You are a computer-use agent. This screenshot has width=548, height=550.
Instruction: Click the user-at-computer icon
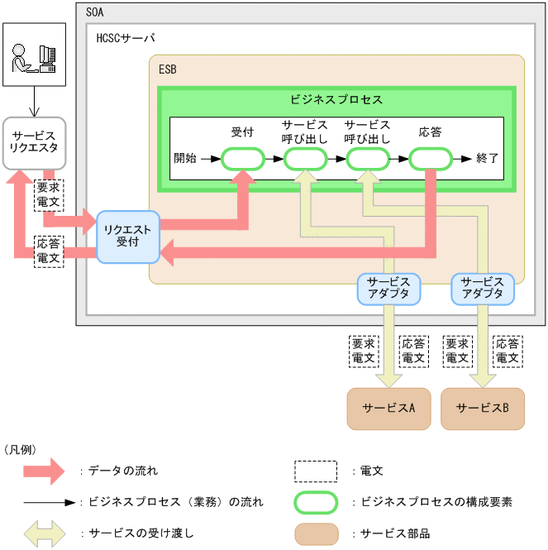[x=34, y=55]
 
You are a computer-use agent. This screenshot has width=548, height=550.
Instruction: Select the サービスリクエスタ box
[x=34, y=142]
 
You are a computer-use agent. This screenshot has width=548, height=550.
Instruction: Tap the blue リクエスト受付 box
[x=127, y=237]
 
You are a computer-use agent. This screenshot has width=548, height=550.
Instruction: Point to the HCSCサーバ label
[x=125, y=39]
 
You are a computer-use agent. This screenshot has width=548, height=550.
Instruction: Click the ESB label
[x=167, y=69]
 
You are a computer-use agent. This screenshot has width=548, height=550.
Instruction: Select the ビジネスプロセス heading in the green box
[x=336, y=99]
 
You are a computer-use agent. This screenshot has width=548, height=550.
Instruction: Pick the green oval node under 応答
[x=429, y=158]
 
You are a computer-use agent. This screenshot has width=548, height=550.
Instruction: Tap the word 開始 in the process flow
[x=185, y=158]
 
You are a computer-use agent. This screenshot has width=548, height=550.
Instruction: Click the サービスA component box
[x=388, y=408]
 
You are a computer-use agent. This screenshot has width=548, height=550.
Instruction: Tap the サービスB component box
[x=482, y=408]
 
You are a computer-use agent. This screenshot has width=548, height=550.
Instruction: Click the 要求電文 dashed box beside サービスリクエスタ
[x=48, y=194]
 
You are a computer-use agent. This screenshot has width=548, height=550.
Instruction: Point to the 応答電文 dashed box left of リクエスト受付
[x=48, y=251]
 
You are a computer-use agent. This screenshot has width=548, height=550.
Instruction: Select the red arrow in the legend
[x=43, y=471]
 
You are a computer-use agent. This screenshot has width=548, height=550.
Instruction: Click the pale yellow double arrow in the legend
[x=43, y=533]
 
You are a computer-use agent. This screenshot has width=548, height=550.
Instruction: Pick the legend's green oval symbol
[x=316, y=502]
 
